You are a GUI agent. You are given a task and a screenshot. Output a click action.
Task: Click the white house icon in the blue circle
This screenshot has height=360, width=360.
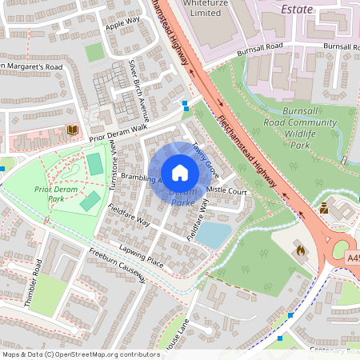180,173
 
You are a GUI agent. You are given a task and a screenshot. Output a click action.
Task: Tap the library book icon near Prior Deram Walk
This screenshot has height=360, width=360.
73,130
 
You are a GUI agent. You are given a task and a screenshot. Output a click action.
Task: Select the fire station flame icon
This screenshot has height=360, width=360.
300,250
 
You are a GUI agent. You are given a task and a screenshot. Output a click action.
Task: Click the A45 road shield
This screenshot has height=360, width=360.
353,259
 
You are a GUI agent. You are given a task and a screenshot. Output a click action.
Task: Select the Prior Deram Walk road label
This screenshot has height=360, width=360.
118,129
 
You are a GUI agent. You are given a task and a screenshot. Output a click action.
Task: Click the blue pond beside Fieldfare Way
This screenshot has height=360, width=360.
214,234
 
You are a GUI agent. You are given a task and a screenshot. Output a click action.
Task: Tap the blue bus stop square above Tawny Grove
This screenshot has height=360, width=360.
186,104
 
